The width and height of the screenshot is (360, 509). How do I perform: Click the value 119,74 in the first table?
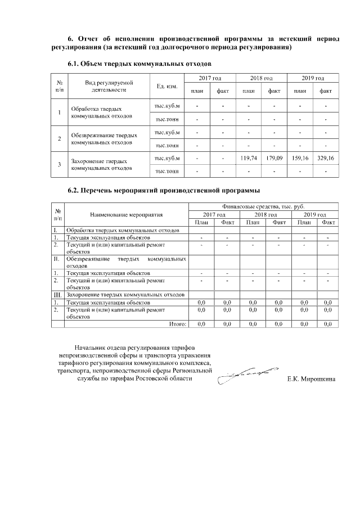248,159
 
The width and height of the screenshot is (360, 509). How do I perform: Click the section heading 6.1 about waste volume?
139,65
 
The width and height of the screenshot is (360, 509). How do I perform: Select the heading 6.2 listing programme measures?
164,191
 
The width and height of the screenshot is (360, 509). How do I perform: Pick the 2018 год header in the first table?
261,78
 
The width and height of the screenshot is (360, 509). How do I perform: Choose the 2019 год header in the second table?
314,215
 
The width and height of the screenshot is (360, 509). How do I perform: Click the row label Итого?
178,324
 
